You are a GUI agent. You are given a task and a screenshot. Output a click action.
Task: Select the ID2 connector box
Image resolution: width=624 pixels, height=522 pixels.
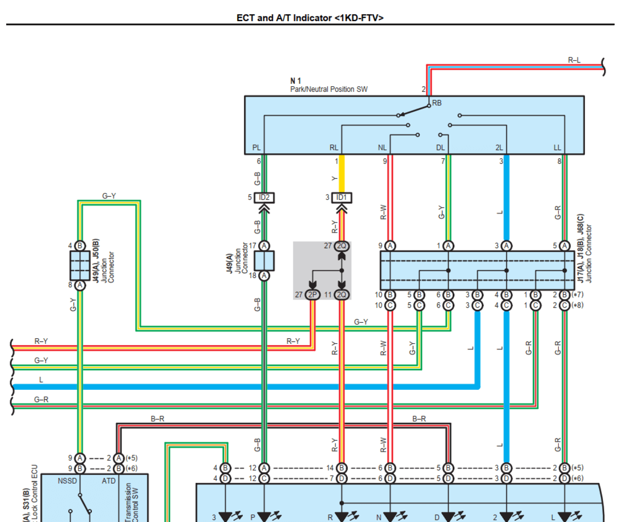click(x=264, y=197)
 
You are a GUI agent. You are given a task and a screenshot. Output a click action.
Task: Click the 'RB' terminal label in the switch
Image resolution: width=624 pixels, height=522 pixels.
click(x=437, y=103)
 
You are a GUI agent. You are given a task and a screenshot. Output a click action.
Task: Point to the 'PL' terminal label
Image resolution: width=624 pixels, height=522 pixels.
click(x=256, y=148)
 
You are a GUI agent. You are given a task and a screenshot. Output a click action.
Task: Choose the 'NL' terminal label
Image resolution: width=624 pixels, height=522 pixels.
click(x=382, y=148)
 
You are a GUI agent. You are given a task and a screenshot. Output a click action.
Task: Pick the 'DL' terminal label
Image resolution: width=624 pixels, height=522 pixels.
click(x=440, y=148)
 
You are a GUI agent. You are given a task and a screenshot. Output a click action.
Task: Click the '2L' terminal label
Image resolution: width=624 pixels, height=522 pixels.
click(x=499, y=148)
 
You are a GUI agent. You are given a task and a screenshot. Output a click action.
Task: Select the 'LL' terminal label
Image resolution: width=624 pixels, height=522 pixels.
click(x=558, y=148)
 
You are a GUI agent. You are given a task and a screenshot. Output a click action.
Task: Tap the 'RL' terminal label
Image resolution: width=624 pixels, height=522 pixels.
click(x=334, y=148)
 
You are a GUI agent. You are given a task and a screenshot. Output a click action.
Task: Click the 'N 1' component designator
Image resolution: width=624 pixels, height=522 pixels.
click(x=296, y=82)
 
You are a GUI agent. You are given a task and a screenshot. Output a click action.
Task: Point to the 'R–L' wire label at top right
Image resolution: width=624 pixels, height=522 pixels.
click(x=574, y=59)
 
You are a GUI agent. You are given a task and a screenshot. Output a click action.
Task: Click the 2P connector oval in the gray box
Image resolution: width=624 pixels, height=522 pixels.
click(x=313, y=294)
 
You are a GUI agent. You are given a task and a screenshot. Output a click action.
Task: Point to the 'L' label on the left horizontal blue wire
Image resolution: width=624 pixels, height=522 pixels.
click(x=41, y=380)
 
